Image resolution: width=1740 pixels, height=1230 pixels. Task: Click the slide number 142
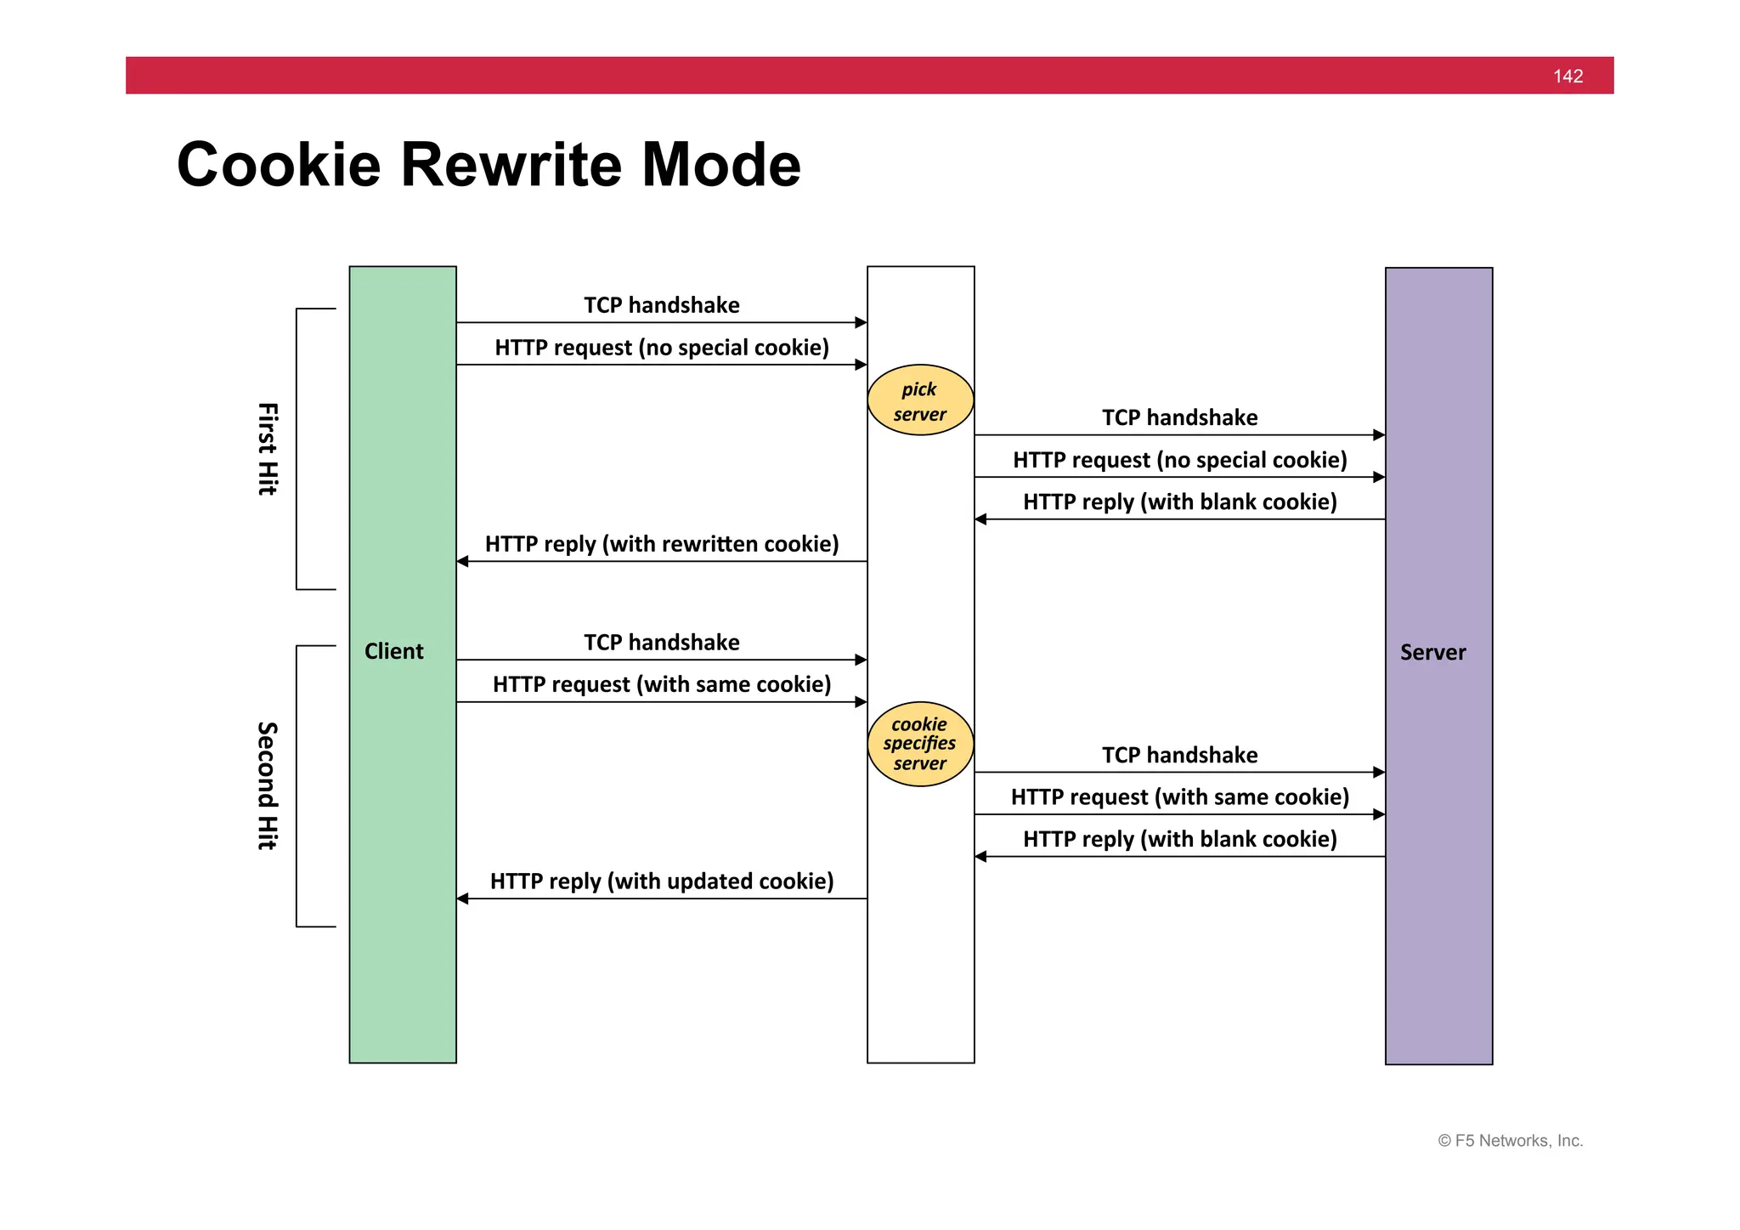pos(1568,77)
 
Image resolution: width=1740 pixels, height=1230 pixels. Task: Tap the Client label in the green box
pos(393,651)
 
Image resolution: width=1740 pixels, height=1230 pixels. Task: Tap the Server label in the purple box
pos(1432,652)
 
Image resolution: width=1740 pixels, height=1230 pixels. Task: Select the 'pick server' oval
pos(920,400)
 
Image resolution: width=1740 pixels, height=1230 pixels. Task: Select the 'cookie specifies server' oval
pos(920,744)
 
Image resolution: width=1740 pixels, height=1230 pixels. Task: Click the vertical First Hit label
pos(267,449)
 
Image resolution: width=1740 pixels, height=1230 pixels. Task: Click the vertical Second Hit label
pos(267,785)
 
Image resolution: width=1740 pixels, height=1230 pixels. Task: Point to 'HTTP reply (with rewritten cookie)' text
pos(662,544)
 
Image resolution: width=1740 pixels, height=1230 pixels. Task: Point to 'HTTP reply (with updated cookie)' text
pos(662,881)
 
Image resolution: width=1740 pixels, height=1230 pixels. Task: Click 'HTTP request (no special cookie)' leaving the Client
pos(662,348)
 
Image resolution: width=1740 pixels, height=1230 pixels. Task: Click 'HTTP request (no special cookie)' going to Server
pos(1179,460)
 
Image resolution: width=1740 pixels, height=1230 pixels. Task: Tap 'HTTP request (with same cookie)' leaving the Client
pos(662,684)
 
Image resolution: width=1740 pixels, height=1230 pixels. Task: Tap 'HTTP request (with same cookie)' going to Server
pos(1179,796)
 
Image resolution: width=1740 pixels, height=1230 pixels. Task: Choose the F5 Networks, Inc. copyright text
pos(1510,1141)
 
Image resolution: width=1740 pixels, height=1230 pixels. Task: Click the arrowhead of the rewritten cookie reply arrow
pos(462,561)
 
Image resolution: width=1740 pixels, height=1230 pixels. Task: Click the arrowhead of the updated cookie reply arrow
pos(462,898)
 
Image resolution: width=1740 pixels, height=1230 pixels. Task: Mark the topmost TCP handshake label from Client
pos(662,305)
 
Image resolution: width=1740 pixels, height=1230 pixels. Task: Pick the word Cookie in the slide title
pos(279,165)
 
